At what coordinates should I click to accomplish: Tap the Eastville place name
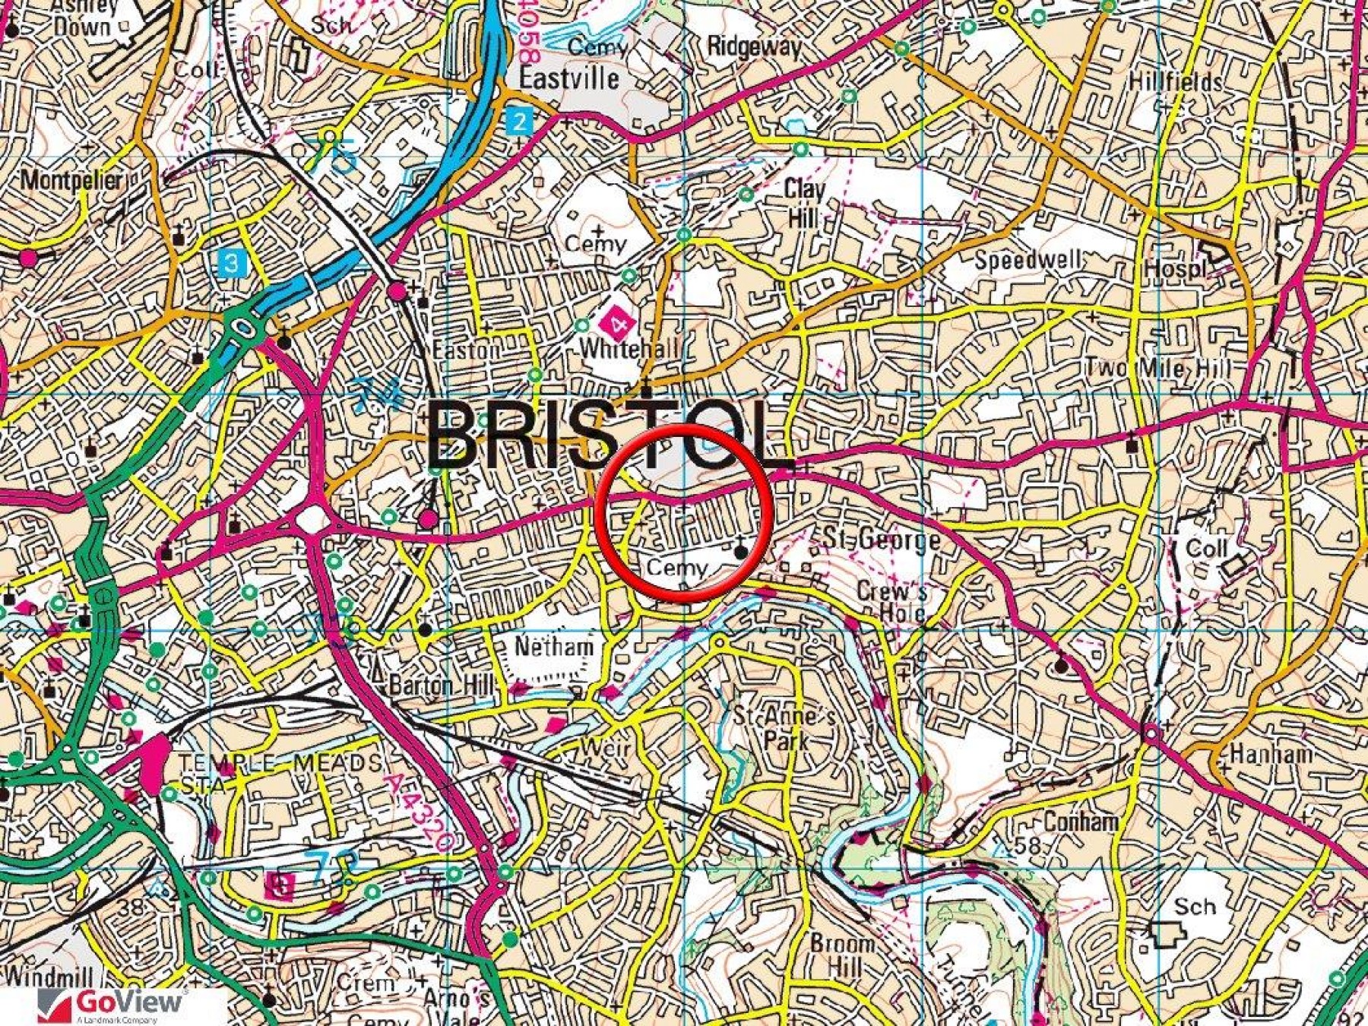(x=569, y=78)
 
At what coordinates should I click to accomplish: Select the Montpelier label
(x=71, y=180)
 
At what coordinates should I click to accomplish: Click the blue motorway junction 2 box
(x=519, y=122)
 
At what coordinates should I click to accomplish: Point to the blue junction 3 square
(x=231, y=264)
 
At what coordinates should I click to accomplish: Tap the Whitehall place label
(x=628, y=349)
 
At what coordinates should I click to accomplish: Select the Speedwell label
(x=1028, y=261)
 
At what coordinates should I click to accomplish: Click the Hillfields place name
(x=1175, y=81)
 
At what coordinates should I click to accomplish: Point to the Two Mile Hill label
(x=1157, y=369)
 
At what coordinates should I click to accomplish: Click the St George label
(x=882, y=540)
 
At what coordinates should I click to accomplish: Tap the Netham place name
(x=554, y=647)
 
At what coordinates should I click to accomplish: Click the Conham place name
(x=1081, y=822)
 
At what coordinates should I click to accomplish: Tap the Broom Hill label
(x=841, y=955)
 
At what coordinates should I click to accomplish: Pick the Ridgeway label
(x=754, y=47)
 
